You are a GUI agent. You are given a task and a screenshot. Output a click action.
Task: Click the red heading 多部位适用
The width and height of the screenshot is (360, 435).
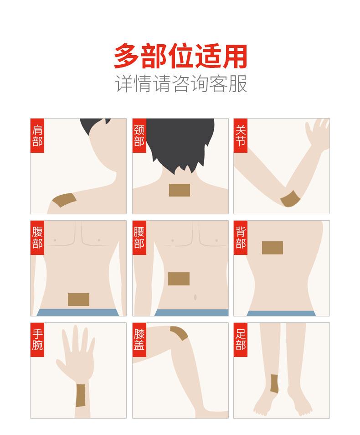point(180,56)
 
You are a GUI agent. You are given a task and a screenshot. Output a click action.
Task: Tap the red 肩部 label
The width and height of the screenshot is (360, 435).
point(37,136)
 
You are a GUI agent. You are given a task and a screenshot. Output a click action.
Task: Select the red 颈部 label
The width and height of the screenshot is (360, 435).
point(139,136)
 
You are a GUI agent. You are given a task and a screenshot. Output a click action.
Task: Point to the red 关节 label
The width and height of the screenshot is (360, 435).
point(241,136)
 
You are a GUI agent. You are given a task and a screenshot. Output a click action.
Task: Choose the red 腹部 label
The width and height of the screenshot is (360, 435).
point(37,238)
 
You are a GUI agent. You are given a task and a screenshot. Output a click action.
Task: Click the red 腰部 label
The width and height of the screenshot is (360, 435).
point(139,238)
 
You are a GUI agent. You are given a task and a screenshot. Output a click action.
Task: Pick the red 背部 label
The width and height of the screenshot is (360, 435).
point(241,238)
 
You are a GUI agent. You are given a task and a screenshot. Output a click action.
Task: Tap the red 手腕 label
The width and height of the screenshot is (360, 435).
point(37,340)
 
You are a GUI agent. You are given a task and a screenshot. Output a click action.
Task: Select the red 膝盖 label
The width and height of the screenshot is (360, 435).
point(139,340)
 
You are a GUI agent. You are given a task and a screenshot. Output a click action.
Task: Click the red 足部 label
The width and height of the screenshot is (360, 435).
point(241,340)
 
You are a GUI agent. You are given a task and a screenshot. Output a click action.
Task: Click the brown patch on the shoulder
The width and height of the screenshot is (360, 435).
point(64,200)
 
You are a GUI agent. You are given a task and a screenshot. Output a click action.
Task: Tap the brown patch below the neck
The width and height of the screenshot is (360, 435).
point(179,190)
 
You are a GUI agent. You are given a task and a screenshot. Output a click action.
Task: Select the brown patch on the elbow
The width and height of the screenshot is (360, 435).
point(289,200)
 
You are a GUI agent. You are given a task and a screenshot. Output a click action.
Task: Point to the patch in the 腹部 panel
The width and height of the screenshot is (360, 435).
point(78,299)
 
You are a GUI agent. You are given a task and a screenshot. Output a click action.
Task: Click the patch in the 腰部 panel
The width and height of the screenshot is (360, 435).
point(179,278)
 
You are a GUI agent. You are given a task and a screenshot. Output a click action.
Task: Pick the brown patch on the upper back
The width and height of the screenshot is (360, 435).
point(272,248)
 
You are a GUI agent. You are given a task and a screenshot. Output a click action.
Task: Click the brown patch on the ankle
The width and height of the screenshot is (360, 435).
point(275,383)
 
